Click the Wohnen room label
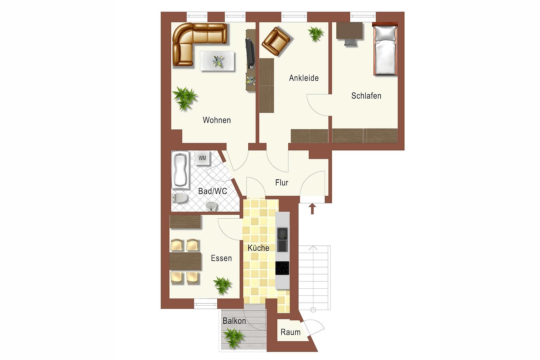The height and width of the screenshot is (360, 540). tap(217, 120)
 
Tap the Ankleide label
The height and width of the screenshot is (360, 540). tap(304, 78)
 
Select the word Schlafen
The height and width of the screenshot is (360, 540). tap(366, 96)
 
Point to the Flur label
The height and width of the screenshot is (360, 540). tap(282, 183)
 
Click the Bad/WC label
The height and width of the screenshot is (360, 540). tap(213, 191)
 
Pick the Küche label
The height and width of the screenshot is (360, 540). tap(258, 248)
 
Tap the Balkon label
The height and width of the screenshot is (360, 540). tap(234, 321)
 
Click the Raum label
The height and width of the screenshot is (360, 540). tap(290, 332)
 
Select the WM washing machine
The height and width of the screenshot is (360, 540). tap(202, 158)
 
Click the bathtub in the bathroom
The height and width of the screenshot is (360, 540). tap(180, 170)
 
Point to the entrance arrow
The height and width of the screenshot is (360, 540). tap(312, 209)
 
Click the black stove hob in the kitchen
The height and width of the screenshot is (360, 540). tap(282, 268)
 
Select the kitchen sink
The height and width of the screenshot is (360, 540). tap(282, 239)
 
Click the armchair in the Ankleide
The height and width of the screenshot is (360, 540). tap(276, 41)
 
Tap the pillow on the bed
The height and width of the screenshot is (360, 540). tap(385, 33)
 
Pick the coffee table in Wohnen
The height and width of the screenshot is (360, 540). tap(217, 61)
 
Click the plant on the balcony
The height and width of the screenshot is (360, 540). tap(233, 338)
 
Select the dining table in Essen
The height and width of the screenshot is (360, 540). tap(185, 261)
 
